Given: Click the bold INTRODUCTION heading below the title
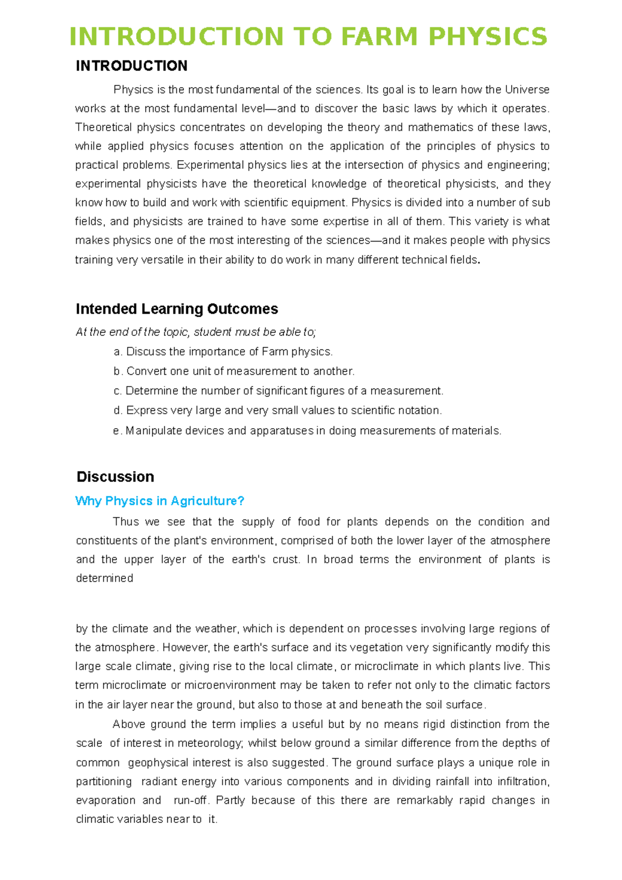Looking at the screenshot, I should click(x=132, y=66).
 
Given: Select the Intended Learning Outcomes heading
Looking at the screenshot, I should click(x=177, y=309).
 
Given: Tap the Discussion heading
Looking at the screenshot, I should click(x=115, y=477).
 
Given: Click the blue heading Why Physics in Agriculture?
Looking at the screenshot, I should click(x=160, y=501).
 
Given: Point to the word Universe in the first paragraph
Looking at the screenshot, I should click(x=527, y=90).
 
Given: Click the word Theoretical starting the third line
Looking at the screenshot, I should click(x=101, y=127).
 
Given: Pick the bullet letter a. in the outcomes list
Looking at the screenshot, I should click(x=118, y=352).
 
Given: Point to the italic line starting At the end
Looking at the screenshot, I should click(x=195, y=332).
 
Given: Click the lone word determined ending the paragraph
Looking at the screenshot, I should click(x=104, y=578).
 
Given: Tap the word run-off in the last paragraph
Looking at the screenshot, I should click(x=191, y=800).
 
